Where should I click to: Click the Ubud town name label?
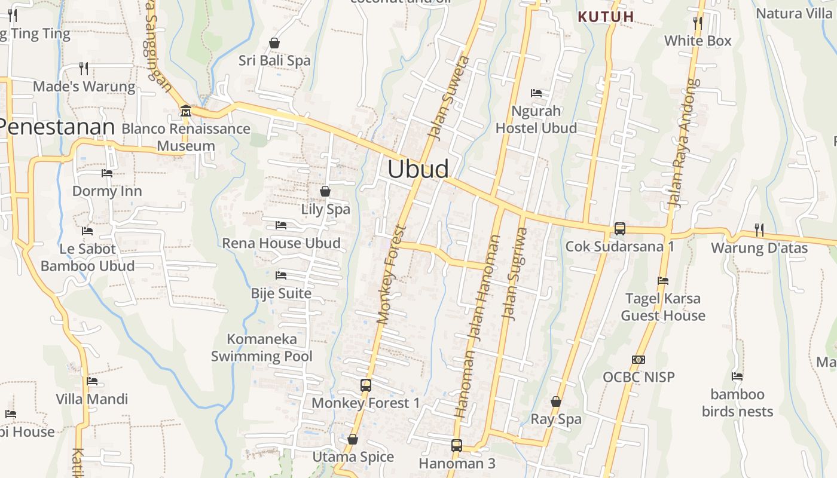[418, 169]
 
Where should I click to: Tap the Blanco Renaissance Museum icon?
[185, 111]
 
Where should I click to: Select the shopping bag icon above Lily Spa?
[325, 191]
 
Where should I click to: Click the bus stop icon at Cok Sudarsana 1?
[620, 228]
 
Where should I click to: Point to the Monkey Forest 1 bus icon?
[366, 385]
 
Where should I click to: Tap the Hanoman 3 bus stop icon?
[457, 445]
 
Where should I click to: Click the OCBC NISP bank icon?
[639, 360]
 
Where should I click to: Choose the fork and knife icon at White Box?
[698, 23]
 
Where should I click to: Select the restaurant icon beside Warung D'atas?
[759, 229]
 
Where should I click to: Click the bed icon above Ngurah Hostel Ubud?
[536, 93]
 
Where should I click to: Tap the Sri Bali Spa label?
[274, 60]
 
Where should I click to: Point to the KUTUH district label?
[606, 17]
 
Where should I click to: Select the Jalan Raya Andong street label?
[685, 143]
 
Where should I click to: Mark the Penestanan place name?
[57, 127]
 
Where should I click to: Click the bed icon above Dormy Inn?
[107, 173]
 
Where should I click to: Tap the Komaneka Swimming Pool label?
[262, 348]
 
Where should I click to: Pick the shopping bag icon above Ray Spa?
[556, 402]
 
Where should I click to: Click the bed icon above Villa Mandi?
[92, 381]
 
